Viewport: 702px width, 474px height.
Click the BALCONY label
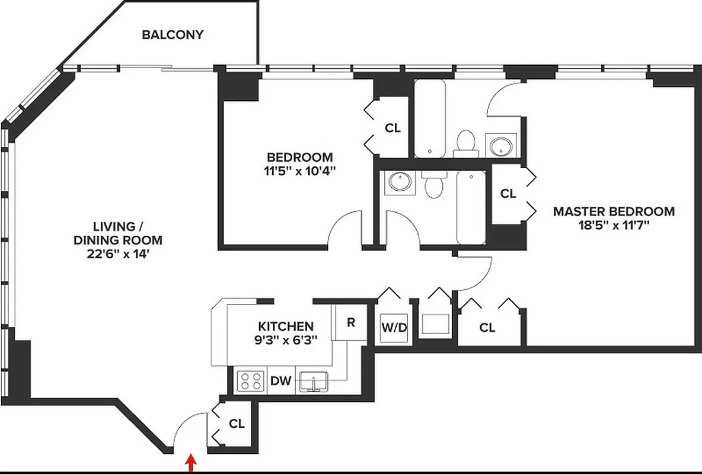click(x=173, y=34)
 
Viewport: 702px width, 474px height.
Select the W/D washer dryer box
click(x=394, y=327)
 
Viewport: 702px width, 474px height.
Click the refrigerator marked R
click(x=350, y=323)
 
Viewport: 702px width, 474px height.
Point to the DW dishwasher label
click(x=281, y=380)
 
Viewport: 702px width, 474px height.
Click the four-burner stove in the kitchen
click(x=250, y=380)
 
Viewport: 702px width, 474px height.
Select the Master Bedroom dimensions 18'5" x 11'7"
click(x=614, y=225)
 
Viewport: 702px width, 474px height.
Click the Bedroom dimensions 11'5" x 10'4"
click(x=299, y=171)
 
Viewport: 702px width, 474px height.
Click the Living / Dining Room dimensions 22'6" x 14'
click(x=117, y=254)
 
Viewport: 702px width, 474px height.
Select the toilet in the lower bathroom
click(x=435, y=185)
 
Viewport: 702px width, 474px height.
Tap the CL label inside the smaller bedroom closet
click(x=393, y=128)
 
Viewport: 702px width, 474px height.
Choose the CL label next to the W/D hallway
click(x=487, y=327)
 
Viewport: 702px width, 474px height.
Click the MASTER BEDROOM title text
click(x=614, y=211)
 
